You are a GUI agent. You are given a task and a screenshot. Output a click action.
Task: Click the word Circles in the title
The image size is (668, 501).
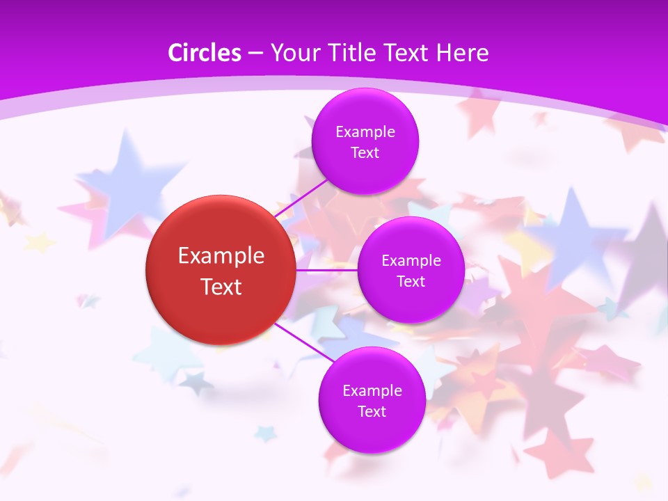coord(205,53)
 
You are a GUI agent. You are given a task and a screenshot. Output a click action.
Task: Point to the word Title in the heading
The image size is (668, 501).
coord(348,53)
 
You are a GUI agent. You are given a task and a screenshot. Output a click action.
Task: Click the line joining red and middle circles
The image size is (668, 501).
coord(327,270)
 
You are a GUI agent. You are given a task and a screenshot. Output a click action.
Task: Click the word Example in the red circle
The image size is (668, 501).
coord(221,256)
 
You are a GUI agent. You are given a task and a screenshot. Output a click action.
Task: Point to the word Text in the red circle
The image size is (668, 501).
coord(221,287)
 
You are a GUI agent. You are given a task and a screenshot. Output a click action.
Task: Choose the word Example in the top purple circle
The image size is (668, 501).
coord(365,132)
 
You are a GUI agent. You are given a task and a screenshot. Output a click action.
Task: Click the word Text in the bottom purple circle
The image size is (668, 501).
coord(372,412)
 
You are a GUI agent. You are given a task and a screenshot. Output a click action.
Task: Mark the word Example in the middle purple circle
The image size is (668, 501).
coord(411,261)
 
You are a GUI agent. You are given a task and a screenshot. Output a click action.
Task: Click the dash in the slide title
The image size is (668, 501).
coord(255,54)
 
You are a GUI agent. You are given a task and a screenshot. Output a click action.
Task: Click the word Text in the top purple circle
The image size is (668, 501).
coord(365,153)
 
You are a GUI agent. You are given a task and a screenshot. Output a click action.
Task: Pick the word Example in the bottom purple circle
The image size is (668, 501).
coord(372,391)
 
